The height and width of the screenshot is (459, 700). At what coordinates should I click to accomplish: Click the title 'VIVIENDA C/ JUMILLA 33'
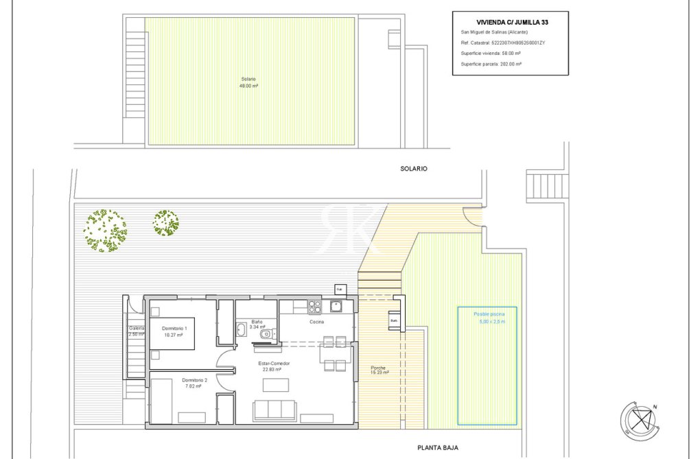point(511,22)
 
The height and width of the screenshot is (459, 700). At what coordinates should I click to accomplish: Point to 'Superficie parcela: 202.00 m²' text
point(491,63)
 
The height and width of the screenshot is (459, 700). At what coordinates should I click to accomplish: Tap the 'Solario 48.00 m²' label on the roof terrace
point(248,82)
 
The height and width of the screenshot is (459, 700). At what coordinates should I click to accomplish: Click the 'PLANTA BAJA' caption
point(438,447)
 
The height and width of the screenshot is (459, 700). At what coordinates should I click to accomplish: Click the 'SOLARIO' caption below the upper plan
point(413,168)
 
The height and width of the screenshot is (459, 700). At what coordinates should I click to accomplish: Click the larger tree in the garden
point(106,231)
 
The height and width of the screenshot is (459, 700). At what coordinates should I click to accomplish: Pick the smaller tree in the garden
point(165,223)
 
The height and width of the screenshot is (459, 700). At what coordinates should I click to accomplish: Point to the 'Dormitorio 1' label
point(174,331)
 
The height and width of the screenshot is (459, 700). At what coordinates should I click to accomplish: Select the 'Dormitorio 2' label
point(194,383)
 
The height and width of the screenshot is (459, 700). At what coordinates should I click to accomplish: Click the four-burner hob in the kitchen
point(314,306)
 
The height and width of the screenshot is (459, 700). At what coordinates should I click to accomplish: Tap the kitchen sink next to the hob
point(336,306)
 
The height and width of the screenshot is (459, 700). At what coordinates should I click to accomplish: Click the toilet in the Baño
point(272,334)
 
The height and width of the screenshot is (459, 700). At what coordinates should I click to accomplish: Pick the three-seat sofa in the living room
point(275,410)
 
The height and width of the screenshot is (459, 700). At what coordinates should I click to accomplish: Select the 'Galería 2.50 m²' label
point(136,331)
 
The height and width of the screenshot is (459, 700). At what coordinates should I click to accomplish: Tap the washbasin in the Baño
point(242,330)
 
